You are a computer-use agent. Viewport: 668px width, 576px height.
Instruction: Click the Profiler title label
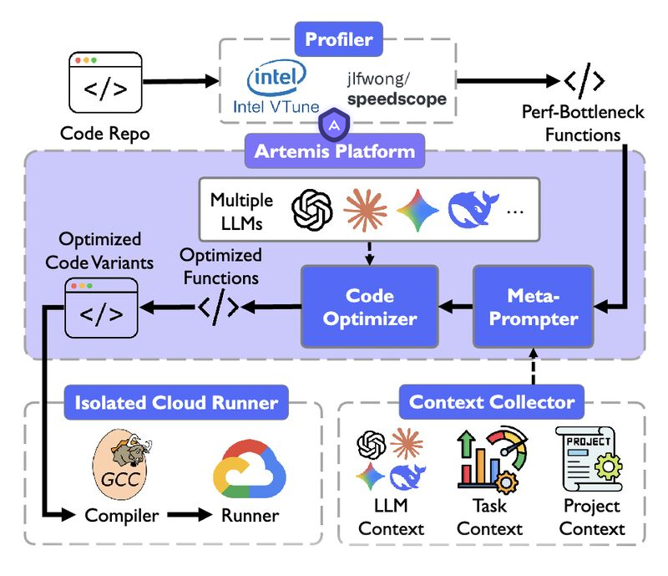click(x=338, y=38)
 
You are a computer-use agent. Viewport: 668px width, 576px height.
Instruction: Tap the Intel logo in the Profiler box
click(x=276, y=80)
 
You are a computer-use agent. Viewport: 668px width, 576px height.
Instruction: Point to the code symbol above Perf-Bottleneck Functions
click(x=584, y=81)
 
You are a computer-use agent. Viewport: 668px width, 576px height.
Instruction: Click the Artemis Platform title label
click(x=334, y=151)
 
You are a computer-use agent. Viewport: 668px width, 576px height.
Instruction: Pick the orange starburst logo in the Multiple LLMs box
click(x=365, y=211)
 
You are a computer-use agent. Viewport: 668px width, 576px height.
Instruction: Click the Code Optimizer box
click(x=369, y=307)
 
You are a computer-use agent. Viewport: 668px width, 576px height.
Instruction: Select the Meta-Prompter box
click(x=533, y=307)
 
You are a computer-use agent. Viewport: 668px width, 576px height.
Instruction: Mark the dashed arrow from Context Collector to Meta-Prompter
click(x=533, y=367)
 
